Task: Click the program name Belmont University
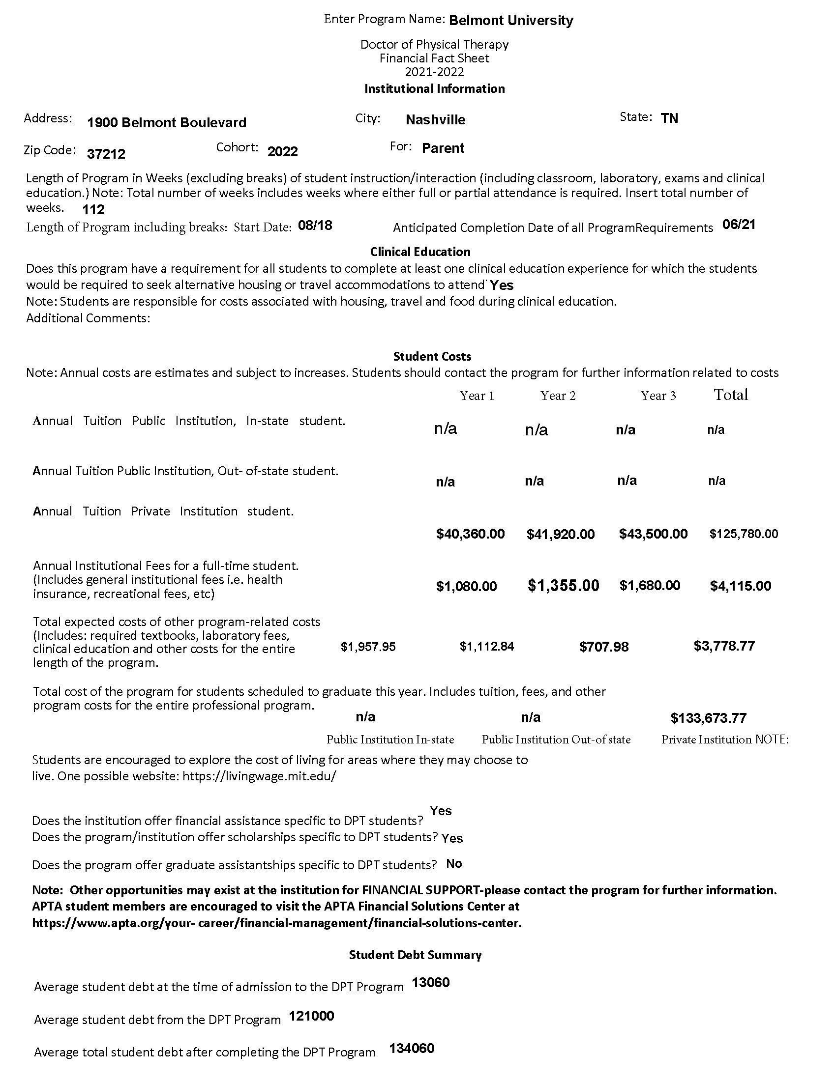pyautogui.click(x=510, y=21)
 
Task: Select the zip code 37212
pyautogui.click(x=106, y=154)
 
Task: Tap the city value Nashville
pyautogui.click(x=435, y=120)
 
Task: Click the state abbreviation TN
pyautogui.click(x=669, y=118)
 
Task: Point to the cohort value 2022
pyautogui.click(x=282, y=151)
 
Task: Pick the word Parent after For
pyautogui.click(x=443, y=148)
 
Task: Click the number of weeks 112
pyautogui.click(x=93, y=210)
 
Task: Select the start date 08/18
pyautogui.click(x=315, y=226)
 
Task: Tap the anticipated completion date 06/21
pyautogui.click(x=739, y=225)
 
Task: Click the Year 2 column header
pyautogui.click(x=558, y=396)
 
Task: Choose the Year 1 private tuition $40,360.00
pyautogui.click(x=470, y=534)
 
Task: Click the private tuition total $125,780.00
pyautogui.click(x=744, y=534)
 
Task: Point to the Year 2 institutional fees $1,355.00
pyautogui.click(x=563, y=586)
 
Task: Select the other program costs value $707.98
pyautogui.click(x=604, y=647)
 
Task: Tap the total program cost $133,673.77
pyautogui.click(x=708, y=718)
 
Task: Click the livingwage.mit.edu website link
pyautogui.click(x=259, y=775)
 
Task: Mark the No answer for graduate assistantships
pyautogui.click(x=454, y=864)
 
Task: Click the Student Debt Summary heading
pyautogui.click(x=415, y=955)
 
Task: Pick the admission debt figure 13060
pyautogui.click(x=430, y=983)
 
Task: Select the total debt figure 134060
pyautogui.click(x=412, y=1049)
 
